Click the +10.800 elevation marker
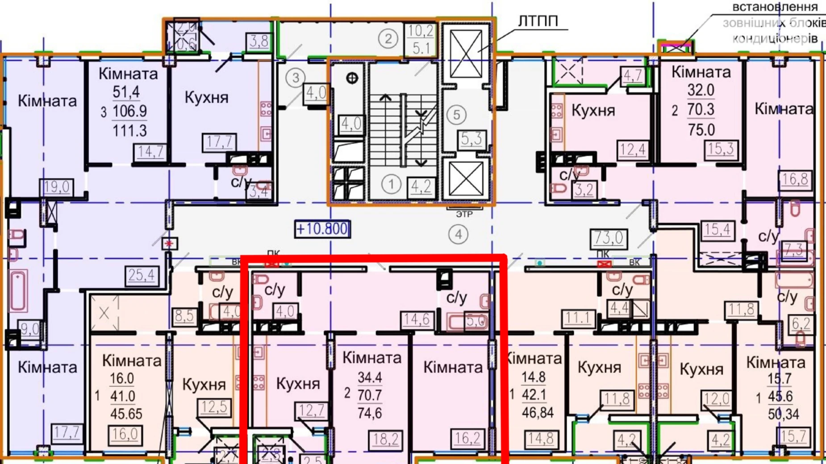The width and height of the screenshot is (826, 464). [322, 229]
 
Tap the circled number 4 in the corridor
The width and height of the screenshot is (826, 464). [458, 235]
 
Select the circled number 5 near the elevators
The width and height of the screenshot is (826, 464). [456, 115]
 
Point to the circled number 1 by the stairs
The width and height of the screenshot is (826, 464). [391, 184]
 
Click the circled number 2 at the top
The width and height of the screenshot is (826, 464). [388, 39]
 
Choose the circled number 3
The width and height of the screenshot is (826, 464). [295, 78]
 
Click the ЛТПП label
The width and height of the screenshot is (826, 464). [538, 21]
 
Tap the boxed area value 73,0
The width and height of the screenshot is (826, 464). [608, 238]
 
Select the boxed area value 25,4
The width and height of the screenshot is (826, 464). [142, 275]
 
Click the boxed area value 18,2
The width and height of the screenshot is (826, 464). [385, 439]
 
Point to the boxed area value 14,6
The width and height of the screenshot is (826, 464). [417, 319]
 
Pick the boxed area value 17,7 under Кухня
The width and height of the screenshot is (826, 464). [219, 142]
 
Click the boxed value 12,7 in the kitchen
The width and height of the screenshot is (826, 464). [311, 410]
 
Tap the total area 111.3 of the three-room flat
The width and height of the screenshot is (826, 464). [129, 131]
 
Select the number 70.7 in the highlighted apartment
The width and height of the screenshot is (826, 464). [370, 395]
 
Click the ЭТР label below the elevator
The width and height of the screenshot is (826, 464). [464, 215]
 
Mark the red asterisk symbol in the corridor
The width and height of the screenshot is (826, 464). [169, 244]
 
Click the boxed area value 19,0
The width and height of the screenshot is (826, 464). [57, 187]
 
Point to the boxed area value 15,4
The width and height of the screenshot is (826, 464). [717, 230]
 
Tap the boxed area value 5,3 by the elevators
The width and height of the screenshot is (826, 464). [471, 139]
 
